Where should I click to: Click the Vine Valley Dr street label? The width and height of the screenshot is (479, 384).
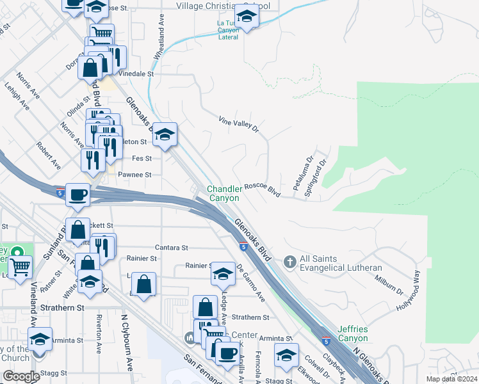[238, 124]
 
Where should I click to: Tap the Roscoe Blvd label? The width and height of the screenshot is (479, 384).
[263, 190]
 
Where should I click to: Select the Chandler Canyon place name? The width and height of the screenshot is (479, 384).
[224, 193]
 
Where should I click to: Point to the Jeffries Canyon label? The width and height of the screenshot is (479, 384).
[351, 333]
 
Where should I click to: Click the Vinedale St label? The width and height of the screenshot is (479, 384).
[136, 74]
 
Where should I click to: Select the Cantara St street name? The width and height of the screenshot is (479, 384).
[171, 247]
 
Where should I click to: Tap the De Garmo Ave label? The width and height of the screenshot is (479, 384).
[250, 284]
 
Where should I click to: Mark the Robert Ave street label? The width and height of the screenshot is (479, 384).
[48, 156]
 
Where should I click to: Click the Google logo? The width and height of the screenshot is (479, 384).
[21, 376]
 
